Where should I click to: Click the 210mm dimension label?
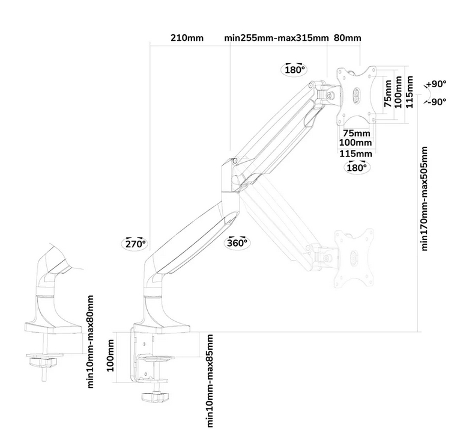(x=187, y=39)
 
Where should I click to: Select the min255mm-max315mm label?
(x=276, y=39)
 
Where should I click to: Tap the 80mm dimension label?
(x=347, y=39)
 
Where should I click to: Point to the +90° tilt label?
(x=437, y=84)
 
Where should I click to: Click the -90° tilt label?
(x=437, y=102)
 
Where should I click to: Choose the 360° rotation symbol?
(x=237, y=243)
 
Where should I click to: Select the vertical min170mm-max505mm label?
(x=425, y=198)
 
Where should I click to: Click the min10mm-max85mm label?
(x=211, y=380)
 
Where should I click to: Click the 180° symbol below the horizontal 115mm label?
(x=355, y=168)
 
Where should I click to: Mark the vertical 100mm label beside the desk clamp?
(x=110, y=356)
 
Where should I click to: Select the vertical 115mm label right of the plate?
(x=409, y=91)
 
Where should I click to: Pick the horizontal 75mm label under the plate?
(x=356, y=132)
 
